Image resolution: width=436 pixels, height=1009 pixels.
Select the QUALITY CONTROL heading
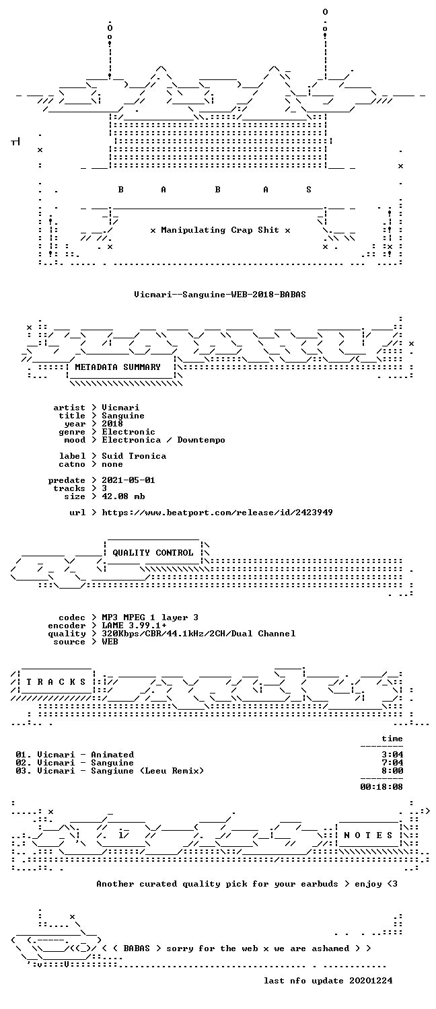pos(153,553)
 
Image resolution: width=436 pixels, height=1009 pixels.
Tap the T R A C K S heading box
pos(56,682)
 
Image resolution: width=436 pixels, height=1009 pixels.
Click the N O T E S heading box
pos(368,835)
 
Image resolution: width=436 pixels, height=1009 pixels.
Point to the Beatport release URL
pos(217,513)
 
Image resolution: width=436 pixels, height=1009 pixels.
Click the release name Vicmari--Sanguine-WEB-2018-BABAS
pos(220,295)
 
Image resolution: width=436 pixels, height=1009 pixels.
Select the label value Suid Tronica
pos(134,456)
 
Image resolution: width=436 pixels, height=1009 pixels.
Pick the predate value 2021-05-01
pos(129,480)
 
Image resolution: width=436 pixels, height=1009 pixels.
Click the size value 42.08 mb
pos(123,496)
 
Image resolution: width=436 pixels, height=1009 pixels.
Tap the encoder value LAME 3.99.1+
pos(134,626)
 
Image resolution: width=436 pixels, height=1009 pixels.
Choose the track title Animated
pos(112,755)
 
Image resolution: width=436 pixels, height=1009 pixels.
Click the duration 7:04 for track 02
pos(392,763)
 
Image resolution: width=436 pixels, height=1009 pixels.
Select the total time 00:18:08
pos(381,787)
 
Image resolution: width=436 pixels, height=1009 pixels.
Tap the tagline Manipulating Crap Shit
pos(220,230)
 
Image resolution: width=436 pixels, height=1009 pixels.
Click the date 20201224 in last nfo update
pos(371,981)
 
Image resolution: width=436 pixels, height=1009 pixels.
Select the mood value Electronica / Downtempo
pos(163,440)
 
